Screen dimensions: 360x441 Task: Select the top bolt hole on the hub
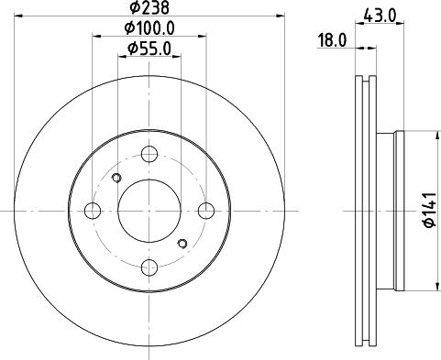click(148, 155)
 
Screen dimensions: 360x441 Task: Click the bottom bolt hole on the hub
click(148, 267)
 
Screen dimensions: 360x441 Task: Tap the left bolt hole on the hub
click(91, 212)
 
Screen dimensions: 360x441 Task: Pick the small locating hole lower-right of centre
click(182, 243)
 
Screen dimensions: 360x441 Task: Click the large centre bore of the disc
click(148, 212)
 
